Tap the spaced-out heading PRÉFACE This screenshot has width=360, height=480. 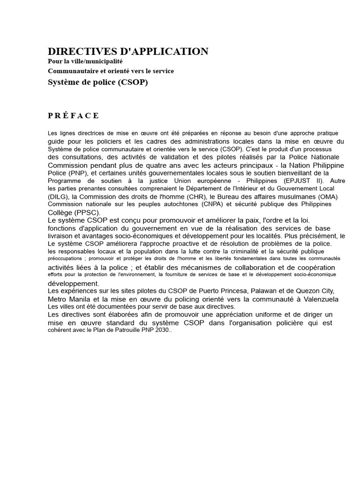click(x=74, y=116)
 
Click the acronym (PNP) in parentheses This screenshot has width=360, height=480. click(x=74, y=173)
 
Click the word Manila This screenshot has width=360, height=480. click(x=79, y=299)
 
